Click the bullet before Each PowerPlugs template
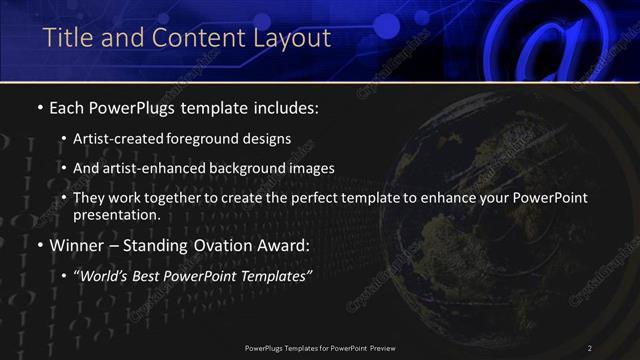click(x=39, y=106)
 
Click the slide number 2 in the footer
click(x=590, y=348)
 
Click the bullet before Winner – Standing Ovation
click(x=39, y=244)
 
